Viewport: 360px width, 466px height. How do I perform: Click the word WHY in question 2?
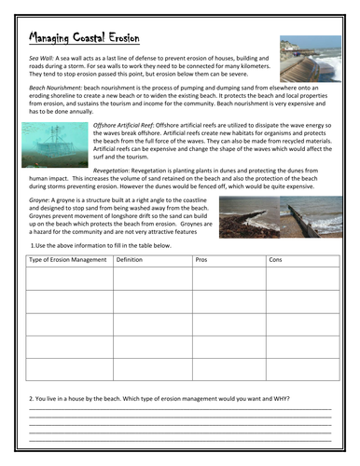pyautogui.click(x=280, y=398)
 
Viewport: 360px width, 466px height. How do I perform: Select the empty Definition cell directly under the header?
pyautogui.click(x=151, y=277)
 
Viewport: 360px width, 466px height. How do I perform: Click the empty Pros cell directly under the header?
pyautogui.click(x=228, y=277)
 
